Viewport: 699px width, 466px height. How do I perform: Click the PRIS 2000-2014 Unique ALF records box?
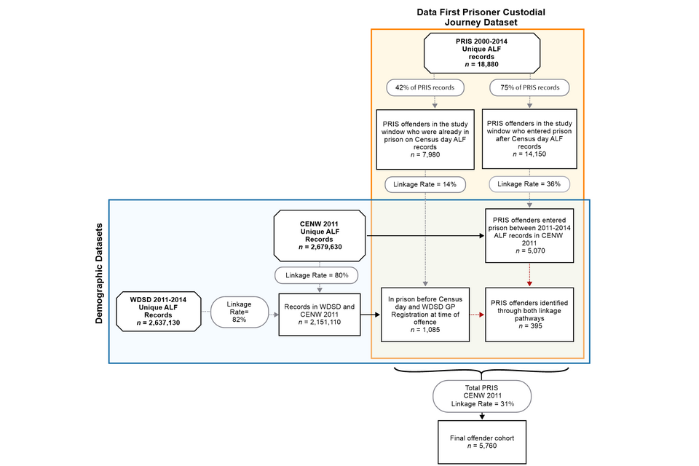click(x=482, y=53)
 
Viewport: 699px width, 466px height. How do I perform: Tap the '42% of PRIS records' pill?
click(x=425, y=87)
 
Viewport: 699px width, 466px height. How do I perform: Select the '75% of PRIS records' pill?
click(x=529, y=87)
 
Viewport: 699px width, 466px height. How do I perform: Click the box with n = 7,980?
click(x=425, y=140)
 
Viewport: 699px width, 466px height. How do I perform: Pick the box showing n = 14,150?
click(x=529, y=139)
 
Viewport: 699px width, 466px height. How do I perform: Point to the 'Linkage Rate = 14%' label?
click(x=425, y=185)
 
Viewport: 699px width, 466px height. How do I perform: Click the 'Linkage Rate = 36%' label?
click(x=529, y=184)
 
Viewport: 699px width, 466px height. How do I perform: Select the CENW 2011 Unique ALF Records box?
click(x=320, y=235)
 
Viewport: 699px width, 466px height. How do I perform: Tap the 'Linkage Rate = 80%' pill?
click(x=317, y=275)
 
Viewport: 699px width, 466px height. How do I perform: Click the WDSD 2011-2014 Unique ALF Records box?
click(x=159, y=311)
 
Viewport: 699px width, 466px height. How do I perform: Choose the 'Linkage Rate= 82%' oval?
click(x=240, y=312)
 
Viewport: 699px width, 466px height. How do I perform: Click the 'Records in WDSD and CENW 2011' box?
click(x=320, y=315)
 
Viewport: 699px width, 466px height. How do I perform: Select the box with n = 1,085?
click(x=425, y=315)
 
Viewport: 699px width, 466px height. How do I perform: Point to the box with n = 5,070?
click(x=529, y=235)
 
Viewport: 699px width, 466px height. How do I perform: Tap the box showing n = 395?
click(x=529, y=315)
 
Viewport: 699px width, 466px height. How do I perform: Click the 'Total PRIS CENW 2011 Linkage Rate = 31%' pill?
click(x=482, y=396)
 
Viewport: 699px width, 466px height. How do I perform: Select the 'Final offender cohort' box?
click(x=482, y=442)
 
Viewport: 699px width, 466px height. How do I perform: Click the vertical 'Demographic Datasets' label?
click(x=99, y=273)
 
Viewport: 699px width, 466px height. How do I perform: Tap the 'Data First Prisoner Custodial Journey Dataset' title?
click(x=481, y=17)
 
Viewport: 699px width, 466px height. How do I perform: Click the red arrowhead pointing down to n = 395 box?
click(x=529, y=284)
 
